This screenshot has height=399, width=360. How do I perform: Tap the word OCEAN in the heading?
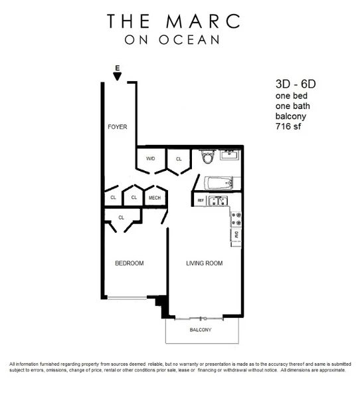[x=193, y=40]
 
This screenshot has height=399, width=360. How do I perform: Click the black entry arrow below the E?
[x=118, y=76]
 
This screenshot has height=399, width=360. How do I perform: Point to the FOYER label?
[x=118, y=126]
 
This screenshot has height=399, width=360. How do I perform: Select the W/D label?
[x=150, y=159]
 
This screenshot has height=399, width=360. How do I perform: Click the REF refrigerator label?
[x=200, y=200]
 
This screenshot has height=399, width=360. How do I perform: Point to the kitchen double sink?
[x=217, y=200]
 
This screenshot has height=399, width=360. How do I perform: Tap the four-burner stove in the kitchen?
[x=236, y=217]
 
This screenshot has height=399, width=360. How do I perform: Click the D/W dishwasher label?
[x=237, y=234]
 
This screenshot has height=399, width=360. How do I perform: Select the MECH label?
[x=155, y=198]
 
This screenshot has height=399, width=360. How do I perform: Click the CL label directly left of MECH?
[x=134, y=198]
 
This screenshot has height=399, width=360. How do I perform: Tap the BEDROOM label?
[x=129, y=263]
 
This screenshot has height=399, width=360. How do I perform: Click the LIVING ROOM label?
[x=203, y=263]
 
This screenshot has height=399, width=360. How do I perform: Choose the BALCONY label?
[x=200, y=330]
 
